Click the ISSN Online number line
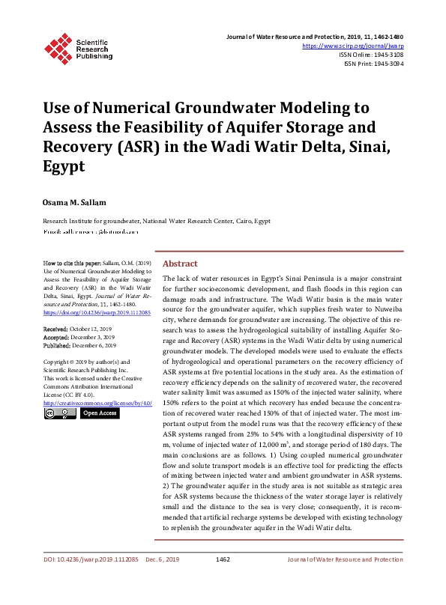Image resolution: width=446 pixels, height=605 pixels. coord(371,55)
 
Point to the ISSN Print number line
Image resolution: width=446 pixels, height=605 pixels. coord(373,64)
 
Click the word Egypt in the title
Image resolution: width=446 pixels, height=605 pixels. coord(64,165)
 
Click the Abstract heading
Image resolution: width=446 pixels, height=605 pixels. coord(180,264)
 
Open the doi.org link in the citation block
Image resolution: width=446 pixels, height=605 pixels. coord(97,312)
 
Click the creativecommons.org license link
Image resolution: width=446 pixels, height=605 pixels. coord(97,403)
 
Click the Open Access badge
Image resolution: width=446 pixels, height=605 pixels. coord(100,413)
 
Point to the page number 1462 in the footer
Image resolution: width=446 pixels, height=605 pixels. coord(223,559)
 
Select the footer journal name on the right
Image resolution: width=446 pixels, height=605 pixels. coord(345,559)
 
